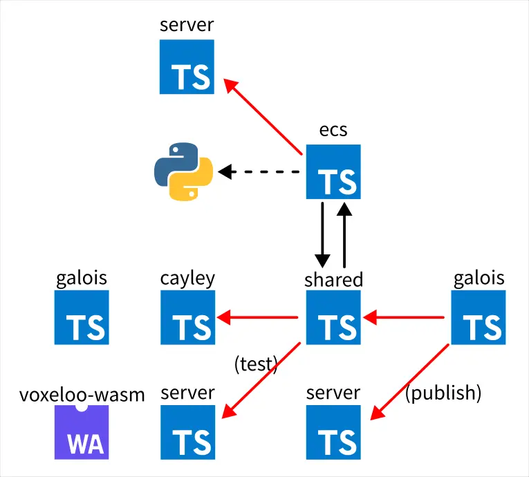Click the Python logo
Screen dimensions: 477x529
coord(183,171)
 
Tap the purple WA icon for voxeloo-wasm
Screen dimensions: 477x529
coord(82,431)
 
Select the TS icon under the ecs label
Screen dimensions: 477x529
coord(334,171)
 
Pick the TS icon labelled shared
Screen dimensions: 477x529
coord(334,317)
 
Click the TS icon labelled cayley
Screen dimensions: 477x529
coord(188,317)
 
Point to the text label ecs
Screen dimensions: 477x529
coord(333,131)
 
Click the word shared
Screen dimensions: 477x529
coord(333,279)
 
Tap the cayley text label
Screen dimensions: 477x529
coord(187,278)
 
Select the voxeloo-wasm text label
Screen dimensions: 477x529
coord(82,395)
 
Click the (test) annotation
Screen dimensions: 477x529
coord(256,364)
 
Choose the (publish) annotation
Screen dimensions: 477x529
coord(443,393)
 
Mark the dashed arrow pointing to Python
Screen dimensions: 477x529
coord(259,171)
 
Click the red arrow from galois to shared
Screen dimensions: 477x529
coord(404,318)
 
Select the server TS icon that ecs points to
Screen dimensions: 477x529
coord(187,66)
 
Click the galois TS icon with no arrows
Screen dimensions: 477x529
coord(82,317)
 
